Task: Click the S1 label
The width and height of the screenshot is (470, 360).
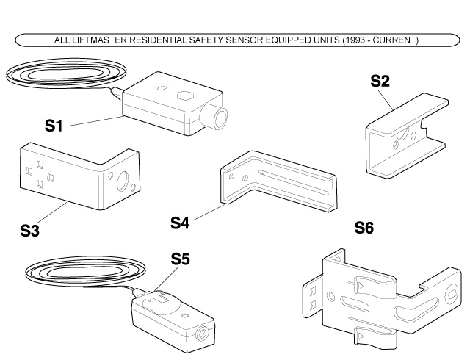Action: (52, 126)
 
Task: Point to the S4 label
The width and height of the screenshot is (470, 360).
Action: (181, 220)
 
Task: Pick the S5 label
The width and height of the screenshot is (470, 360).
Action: (181, 259)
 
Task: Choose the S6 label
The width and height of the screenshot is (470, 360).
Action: (364, 229)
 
